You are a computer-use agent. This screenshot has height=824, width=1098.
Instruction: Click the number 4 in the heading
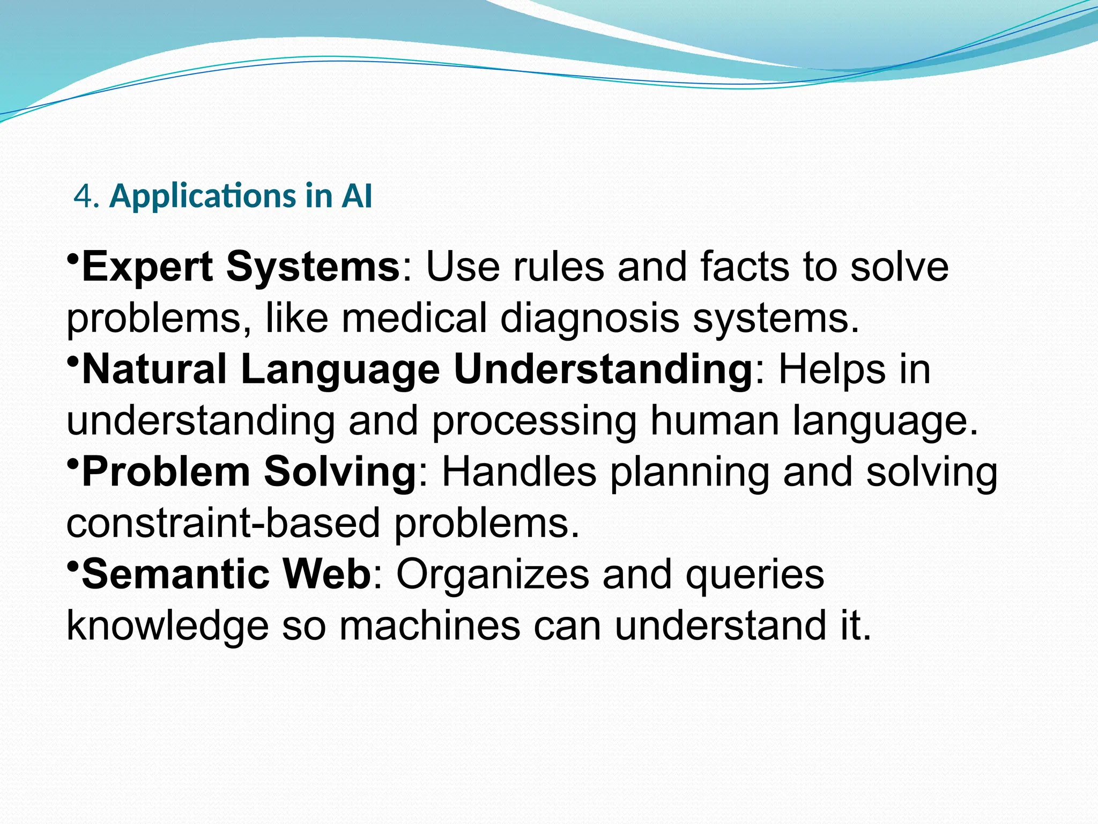83,196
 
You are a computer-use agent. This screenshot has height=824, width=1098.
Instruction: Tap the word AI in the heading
357,196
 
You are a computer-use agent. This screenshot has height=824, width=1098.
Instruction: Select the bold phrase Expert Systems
240,267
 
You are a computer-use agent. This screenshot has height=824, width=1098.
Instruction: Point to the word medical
414,318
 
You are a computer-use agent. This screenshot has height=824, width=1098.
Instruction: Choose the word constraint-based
223,524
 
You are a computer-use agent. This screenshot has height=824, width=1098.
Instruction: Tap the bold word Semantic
175,575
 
